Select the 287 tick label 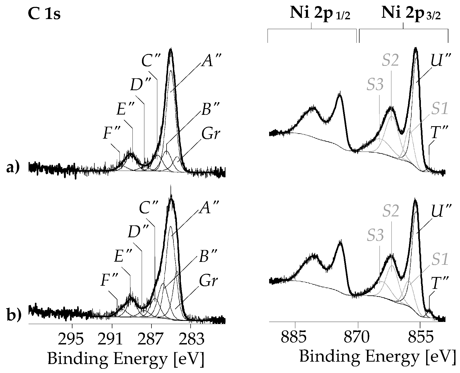tap(151, 339)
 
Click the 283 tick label tap(191, 339)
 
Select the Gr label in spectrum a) tap(210, 135)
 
